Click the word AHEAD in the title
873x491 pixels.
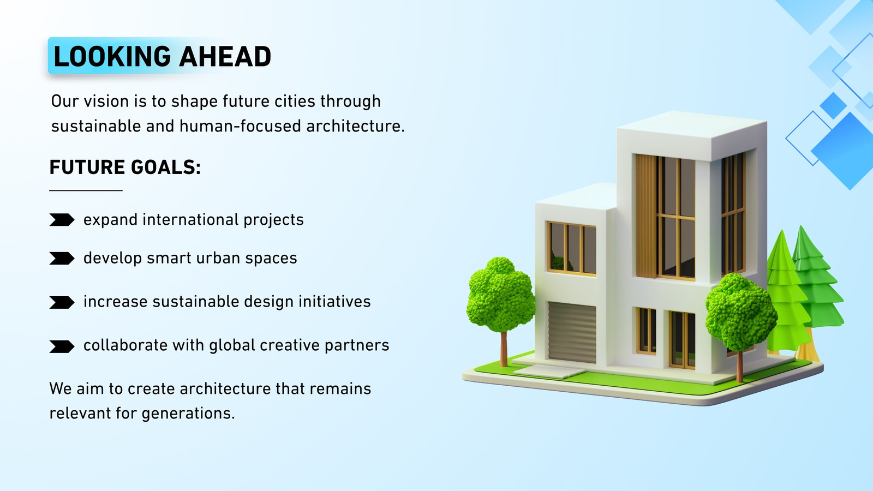[x=225, y=57]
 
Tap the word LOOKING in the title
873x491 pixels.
[x=112, y=57]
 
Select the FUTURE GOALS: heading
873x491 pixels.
[x=125, y=167]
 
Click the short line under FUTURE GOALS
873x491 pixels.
[x=86, y=190]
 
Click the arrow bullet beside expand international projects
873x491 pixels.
[x=62, y=220]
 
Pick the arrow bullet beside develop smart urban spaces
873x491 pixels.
[x=62, y=259]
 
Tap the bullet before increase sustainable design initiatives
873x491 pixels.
[x=62, y=302]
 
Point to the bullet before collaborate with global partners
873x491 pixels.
[x=62, y=346]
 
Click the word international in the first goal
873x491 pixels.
[x=190, y=219]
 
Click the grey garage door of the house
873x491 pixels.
[x=572, y=333]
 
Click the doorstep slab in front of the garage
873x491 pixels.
[x=549, y=370]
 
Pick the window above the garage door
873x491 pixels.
[x=571, y=248]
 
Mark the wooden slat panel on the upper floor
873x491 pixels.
[x=646, y=216]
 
